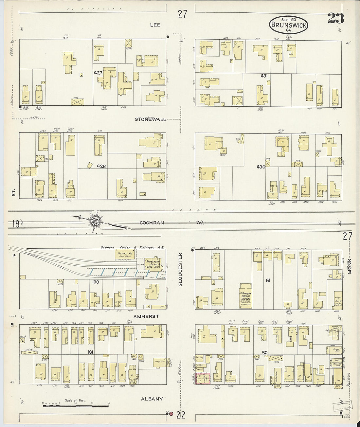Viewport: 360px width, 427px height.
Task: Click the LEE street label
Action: [x=155, y=25]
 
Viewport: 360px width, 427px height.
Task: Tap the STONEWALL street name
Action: [x=151, y=119]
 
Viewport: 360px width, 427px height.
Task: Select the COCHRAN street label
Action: [x=152, y=223]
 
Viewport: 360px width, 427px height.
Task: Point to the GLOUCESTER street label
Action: [x=180, y=270]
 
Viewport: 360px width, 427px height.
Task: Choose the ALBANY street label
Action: [x=152, y=399]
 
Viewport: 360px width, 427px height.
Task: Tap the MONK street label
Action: [x=350, y=266]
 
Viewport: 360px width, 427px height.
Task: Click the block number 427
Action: [x=98, y=73]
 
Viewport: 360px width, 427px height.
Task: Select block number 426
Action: [x=101, y=166]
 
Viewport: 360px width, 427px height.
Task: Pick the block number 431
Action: [x=264, y=76]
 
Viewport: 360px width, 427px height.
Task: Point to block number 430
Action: [x=261, y=167]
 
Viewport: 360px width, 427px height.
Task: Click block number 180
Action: [x=96, y=282]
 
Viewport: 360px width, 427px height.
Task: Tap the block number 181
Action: [x=91, y=352]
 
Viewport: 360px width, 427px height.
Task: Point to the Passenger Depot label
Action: [x=153, y=264]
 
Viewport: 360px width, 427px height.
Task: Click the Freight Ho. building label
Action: [x=124, y=254]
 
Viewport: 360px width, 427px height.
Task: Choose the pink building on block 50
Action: [x=203, y=378]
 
